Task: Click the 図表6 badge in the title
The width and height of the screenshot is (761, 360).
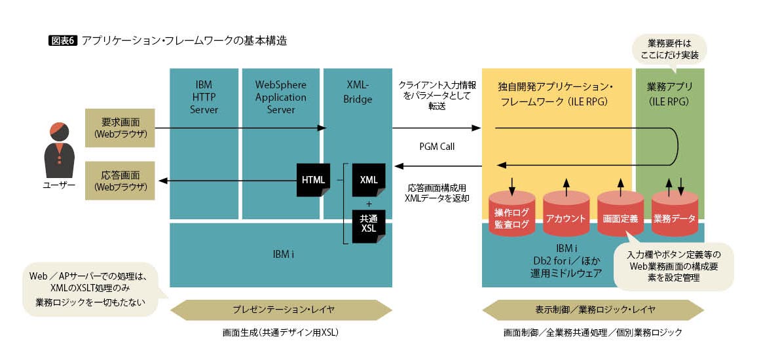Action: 64,41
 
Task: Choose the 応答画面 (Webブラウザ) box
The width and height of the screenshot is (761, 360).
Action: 119,181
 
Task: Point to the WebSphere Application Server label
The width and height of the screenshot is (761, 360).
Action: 280,97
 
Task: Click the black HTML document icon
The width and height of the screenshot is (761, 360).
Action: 313,179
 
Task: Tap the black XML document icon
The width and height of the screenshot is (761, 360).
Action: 368,179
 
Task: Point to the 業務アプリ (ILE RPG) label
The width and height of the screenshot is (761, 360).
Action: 670,94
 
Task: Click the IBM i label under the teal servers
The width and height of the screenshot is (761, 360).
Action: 280,254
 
